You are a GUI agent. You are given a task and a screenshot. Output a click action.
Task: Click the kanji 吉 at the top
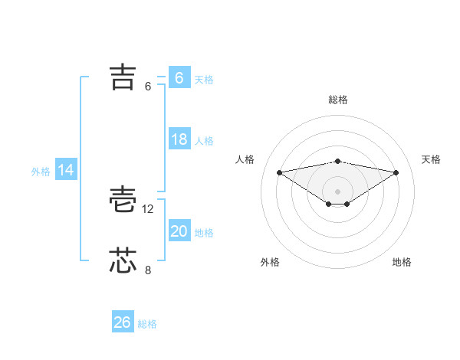point(123,77)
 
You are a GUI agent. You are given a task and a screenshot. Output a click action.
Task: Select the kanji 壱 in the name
point(123,200)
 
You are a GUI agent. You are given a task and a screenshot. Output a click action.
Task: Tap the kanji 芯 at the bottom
point(123,261)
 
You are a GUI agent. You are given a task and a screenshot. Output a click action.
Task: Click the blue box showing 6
point(179,78)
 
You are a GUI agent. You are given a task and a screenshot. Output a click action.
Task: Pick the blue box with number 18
point(179,140)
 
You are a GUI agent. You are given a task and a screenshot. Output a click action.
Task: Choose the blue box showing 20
point(179,232)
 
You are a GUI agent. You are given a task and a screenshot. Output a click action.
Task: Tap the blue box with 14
point(66,171)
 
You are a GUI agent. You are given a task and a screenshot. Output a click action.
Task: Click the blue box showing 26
point(122,322)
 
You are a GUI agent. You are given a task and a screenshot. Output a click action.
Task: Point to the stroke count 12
point(148,208)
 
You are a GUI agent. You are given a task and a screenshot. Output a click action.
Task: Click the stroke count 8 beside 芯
point(148,270)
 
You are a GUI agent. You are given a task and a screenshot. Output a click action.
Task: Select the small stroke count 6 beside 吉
point(148,87)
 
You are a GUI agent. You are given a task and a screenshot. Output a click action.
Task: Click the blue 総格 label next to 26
point(147,324)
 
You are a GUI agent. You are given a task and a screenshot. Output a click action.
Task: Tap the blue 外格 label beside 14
point(41,172)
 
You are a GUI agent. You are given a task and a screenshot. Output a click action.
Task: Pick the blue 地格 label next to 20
point(204,233)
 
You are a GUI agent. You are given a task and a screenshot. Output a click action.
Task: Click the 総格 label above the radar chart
point(337,100)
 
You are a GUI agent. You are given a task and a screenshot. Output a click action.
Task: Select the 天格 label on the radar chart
point(432,159)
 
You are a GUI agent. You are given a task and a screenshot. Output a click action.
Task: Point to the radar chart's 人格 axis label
point(245,159)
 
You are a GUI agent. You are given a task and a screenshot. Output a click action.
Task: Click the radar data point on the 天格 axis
point(396,172)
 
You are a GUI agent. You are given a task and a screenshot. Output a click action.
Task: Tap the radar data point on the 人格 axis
point(279,172)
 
